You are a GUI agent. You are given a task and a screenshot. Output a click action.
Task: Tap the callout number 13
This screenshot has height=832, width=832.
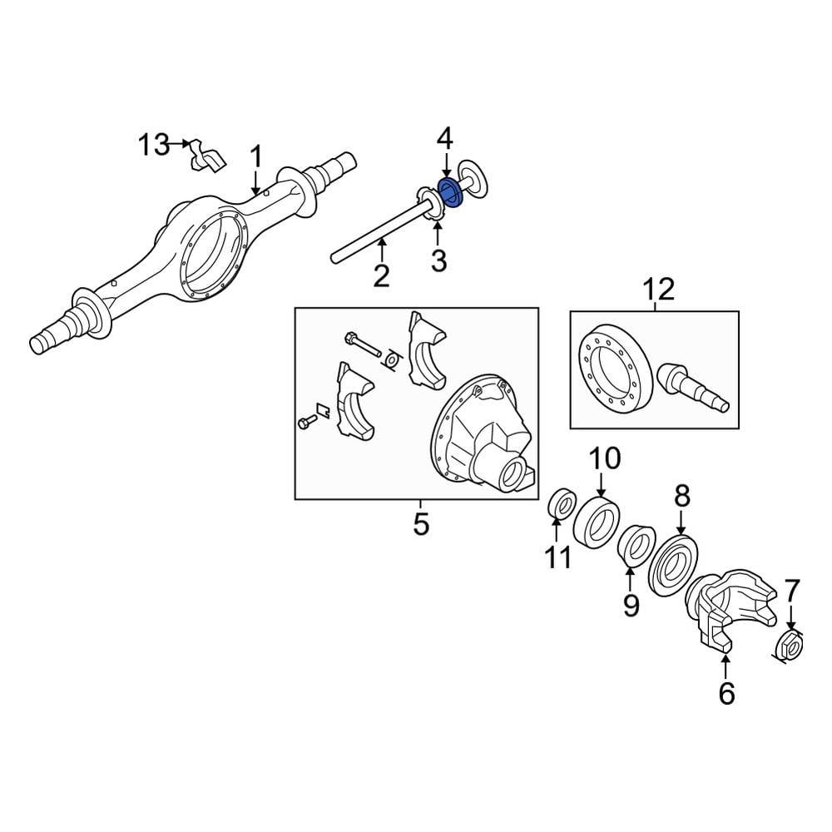point(153,145)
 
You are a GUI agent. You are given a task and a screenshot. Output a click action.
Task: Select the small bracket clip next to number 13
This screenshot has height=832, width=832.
point(205,156)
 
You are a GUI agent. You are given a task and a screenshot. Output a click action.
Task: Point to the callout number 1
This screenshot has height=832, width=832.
point(256,156)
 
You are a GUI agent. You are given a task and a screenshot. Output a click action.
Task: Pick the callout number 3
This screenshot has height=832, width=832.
point(438,262)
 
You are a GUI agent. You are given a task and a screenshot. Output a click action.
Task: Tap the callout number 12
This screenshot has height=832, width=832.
point(658,290)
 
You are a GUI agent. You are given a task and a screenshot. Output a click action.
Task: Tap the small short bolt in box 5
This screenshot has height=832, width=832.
point(307,423)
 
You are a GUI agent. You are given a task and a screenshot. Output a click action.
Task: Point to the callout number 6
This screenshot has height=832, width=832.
point(726,692)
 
